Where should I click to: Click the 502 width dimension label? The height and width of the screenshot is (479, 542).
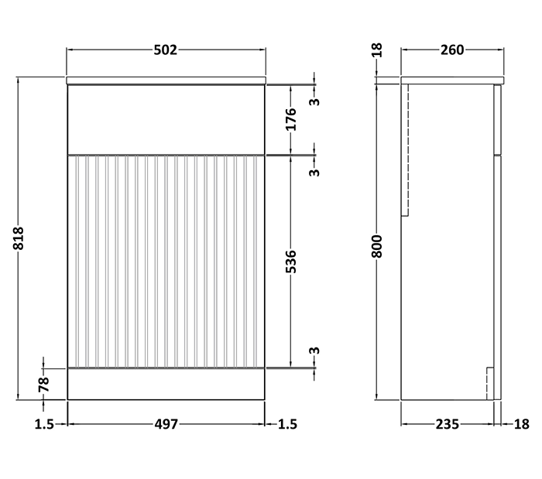pyautogui.click(x=166, y=50)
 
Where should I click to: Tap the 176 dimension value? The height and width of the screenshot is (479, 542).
pyautogui.click(x=292, y=120)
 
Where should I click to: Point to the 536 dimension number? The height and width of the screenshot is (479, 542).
pyautogui.click(x=292, y=263)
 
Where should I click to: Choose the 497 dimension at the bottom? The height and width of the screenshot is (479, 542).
pyautogui.click(x=166, y=423)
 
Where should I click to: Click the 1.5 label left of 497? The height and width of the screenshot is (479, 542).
pyautogui.click(x=44, y=423)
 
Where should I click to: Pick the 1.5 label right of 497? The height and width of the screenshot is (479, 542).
pyautogui.click(x=287, y=423)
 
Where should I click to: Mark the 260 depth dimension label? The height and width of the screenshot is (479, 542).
pyautogui.click(x=451, y=50)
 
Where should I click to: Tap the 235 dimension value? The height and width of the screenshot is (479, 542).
pyautogui.click(x=448, y=423)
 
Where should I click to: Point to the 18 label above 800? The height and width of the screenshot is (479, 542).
pyautogui.click(x=378, y=51)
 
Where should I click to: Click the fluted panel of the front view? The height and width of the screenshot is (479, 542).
pyautogui.click(x=166, y=259)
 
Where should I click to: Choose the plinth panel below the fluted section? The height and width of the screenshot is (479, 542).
pyautogui.click(x=166, y=383)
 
